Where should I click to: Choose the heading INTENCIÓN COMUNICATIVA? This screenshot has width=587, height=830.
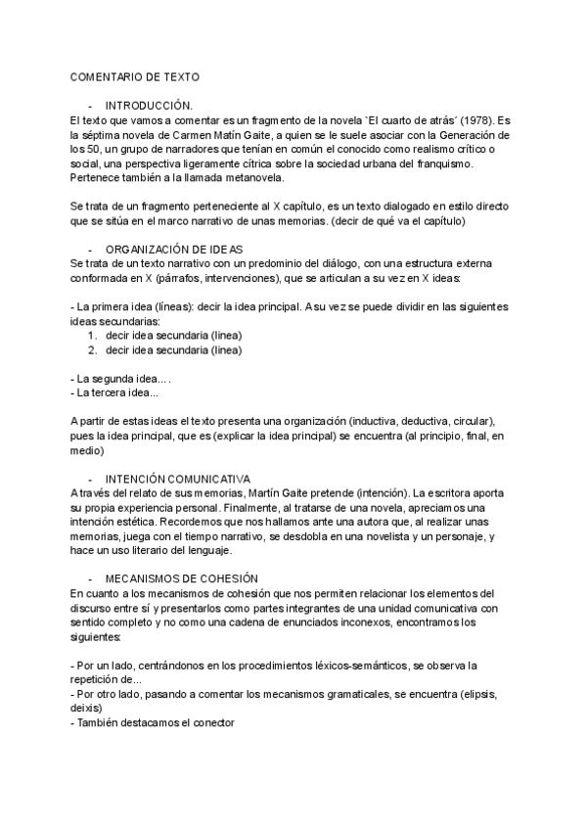177,479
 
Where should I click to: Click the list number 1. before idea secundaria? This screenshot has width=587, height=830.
92,335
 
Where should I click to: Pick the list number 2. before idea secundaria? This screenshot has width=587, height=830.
92,349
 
